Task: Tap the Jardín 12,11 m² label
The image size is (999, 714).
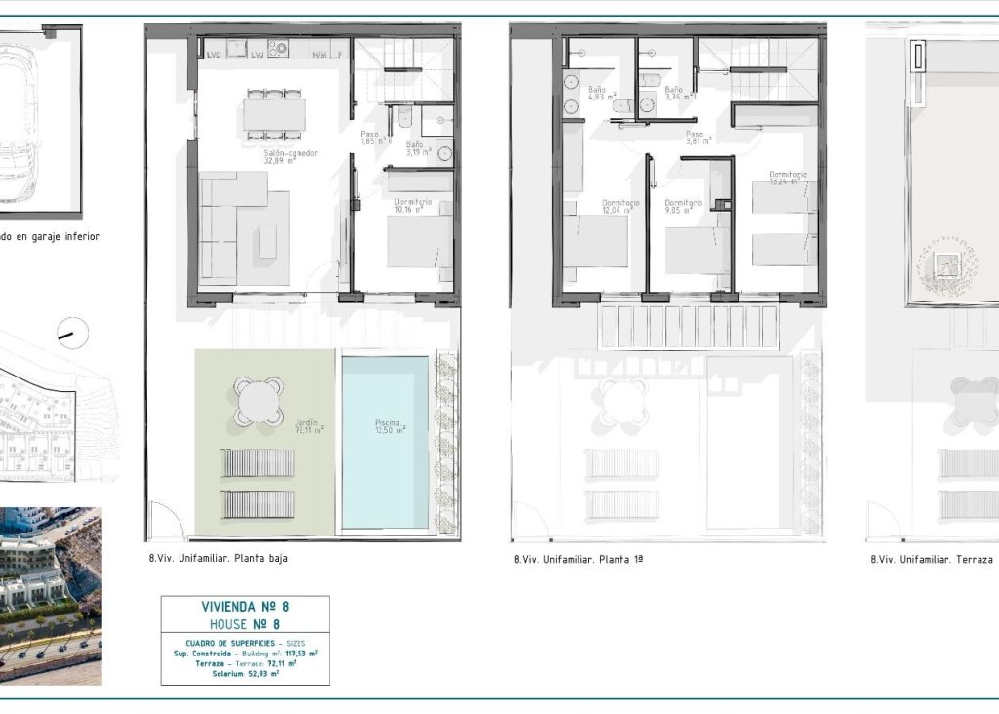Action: (x=310, y=426)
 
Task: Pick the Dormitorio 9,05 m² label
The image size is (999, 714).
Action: (x=684, y=206)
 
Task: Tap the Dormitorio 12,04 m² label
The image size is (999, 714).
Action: (x=620, y=206)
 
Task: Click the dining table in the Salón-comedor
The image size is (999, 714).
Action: (x=274, y=115)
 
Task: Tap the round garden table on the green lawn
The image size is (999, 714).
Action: (x=260, y=401)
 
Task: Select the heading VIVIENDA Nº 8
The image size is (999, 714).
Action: (x=245, y=607)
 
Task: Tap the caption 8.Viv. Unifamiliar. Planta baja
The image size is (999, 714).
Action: (x=219, y=559)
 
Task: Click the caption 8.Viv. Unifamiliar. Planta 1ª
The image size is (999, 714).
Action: (x=579, y=560)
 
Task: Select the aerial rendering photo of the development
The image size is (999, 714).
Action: (x=51, y=594)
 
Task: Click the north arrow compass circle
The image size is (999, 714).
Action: (x=72, y=334)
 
